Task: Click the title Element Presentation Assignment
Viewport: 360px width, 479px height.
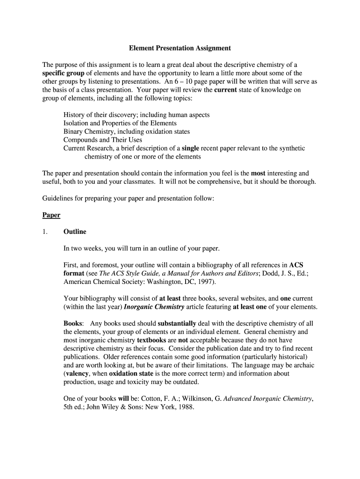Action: click(180, 48)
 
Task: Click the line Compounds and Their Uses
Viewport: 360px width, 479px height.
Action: click(102, 140)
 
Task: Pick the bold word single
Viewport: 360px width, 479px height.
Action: click(190, 148)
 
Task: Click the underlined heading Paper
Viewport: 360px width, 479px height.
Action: click(51, 215)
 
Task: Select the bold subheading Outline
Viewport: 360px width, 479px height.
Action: click(75, 232)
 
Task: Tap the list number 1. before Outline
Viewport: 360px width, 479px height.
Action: click(45, 232)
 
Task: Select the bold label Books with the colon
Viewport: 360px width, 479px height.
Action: click(73, 323)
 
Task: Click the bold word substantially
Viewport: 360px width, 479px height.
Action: click(177, 323)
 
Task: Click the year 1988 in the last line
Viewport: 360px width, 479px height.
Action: click(184, 407)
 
